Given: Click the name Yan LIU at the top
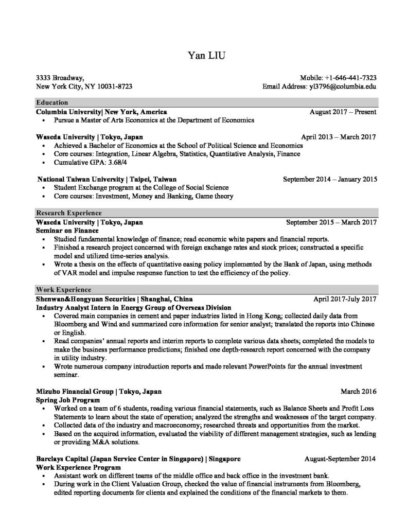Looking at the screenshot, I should (x=204, y=54).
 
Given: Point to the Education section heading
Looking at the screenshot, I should (x=52, y=102).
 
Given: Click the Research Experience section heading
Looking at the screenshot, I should (x=68, y=213).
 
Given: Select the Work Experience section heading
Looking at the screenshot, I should (x=64, y=290).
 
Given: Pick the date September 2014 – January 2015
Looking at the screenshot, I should (x=330, y=179).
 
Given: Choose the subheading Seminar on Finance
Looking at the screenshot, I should (x=67, y=231).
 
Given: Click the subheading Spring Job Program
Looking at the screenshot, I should (x=67, y=399).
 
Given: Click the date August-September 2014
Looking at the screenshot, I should (x=340, y=458).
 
